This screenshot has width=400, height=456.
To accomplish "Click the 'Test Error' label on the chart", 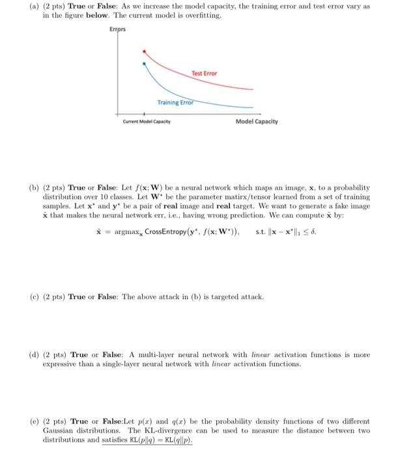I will pyautogui.click(x=204, y=74).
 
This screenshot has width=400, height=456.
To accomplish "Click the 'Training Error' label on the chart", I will pyautogui.click(x=175, y=103).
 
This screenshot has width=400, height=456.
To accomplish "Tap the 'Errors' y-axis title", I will pyautogui.click(x=118, y=29).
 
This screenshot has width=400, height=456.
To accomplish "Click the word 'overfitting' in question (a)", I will pyautogui.click(x=202, y=15).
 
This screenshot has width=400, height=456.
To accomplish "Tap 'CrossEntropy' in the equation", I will pyautogui.click(x=160, y=233).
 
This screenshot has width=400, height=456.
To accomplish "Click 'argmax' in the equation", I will pyautogui.click(x=126, y=233).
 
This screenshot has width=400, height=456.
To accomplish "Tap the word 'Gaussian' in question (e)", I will pyautogui.click(x=60, y=431).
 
